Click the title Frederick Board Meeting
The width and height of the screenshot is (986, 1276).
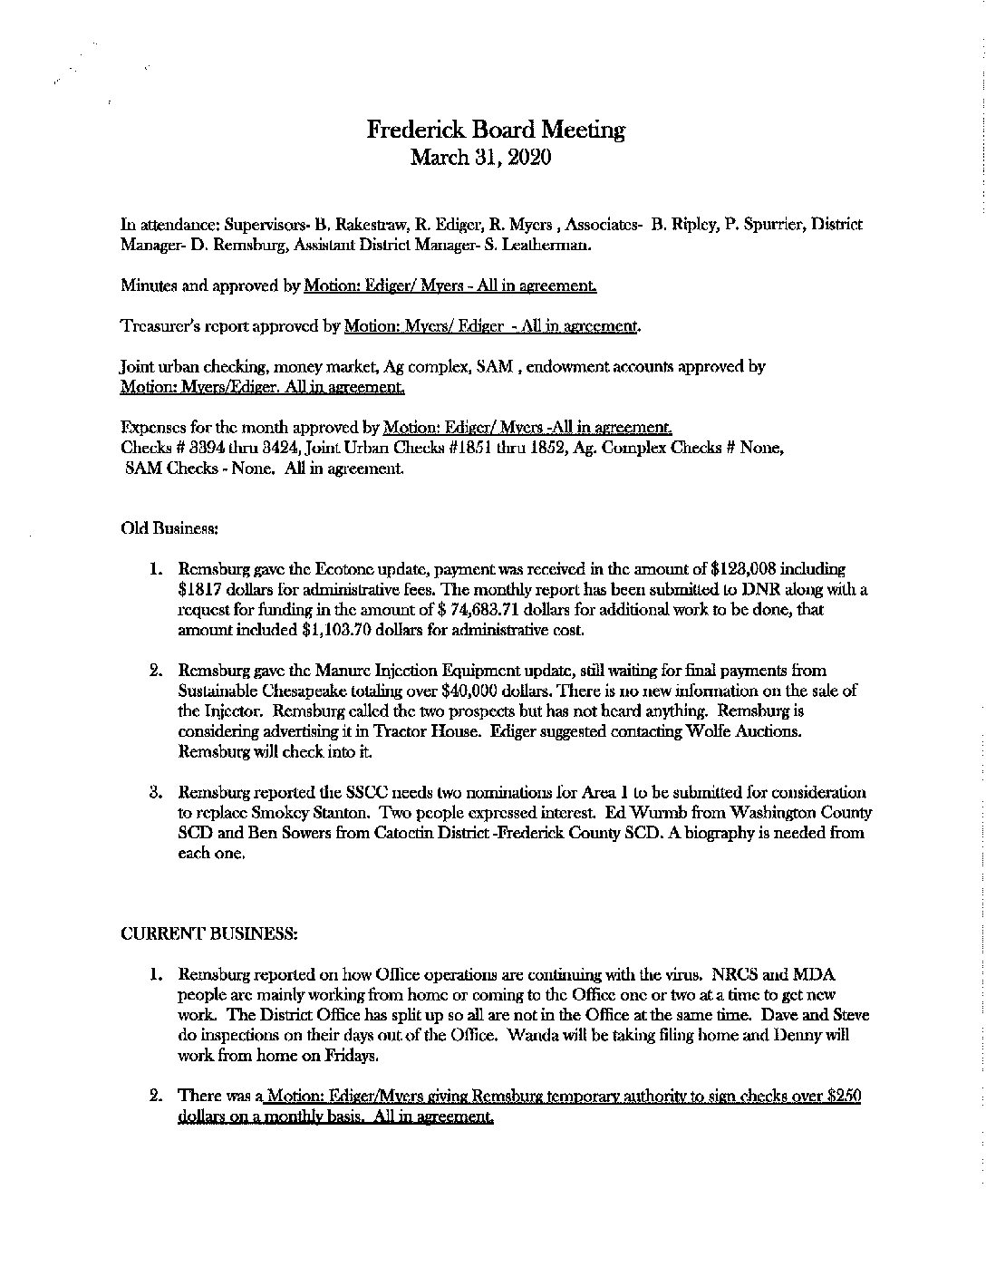(496, 130)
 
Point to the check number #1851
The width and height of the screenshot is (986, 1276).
(469, 449)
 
